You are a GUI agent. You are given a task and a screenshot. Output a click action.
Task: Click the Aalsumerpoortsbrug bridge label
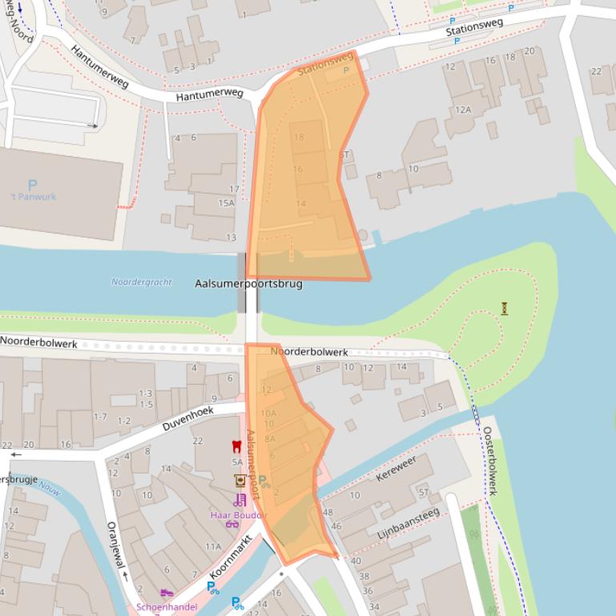(x=249, y=284)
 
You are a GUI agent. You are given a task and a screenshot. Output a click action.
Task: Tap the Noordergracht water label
(x=142, y=282)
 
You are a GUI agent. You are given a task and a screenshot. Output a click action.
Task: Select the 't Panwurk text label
(x=33, y=197)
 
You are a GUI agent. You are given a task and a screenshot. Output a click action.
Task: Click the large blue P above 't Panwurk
(x=33, y=185)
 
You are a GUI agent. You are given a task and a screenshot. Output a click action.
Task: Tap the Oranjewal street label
(x=117, y=546)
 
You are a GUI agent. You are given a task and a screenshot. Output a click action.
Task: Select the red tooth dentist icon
(x=236, y=446)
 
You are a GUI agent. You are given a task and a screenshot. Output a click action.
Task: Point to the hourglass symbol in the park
(x=505, y=308)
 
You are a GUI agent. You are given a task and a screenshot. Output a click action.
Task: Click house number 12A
(x=463, y=110)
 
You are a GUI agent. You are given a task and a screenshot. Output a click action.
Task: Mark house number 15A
(x=227, y=203)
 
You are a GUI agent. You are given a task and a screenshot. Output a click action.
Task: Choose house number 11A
(x=212, y=546)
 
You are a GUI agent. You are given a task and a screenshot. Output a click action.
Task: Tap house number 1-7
(x=100, y=417)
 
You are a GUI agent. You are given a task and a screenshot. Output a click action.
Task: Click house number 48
(x=327, y=512)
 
